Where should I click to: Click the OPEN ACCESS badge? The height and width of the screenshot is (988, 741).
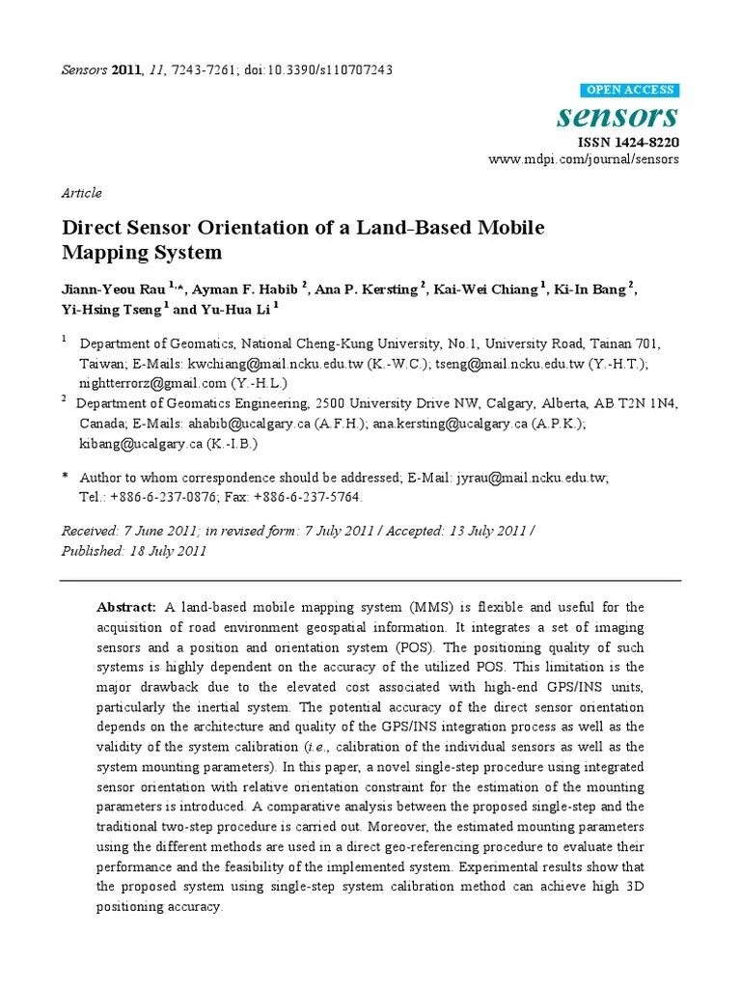pyautogui.click(x=631, y=91)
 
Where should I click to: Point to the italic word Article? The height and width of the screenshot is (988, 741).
pyautogui.click(x=81, y=193)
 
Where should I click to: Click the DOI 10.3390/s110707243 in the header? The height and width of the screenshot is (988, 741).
pyautogui.click(x=327, y=70)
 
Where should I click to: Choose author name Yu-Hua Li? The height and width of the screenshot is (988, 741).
pyautogui.click(x=234, y=309)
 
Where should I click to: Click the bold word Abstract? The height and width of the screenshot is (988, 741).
pyautogui.click(x=126, y=607)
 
